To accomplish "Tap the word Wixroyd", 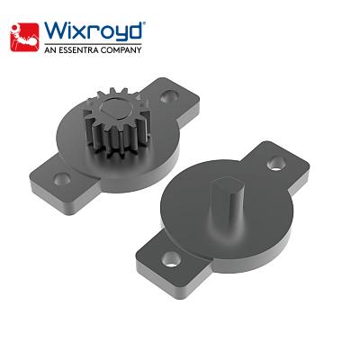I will pos(90,32).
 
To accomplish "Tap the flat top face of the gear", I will pos(122,112).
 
